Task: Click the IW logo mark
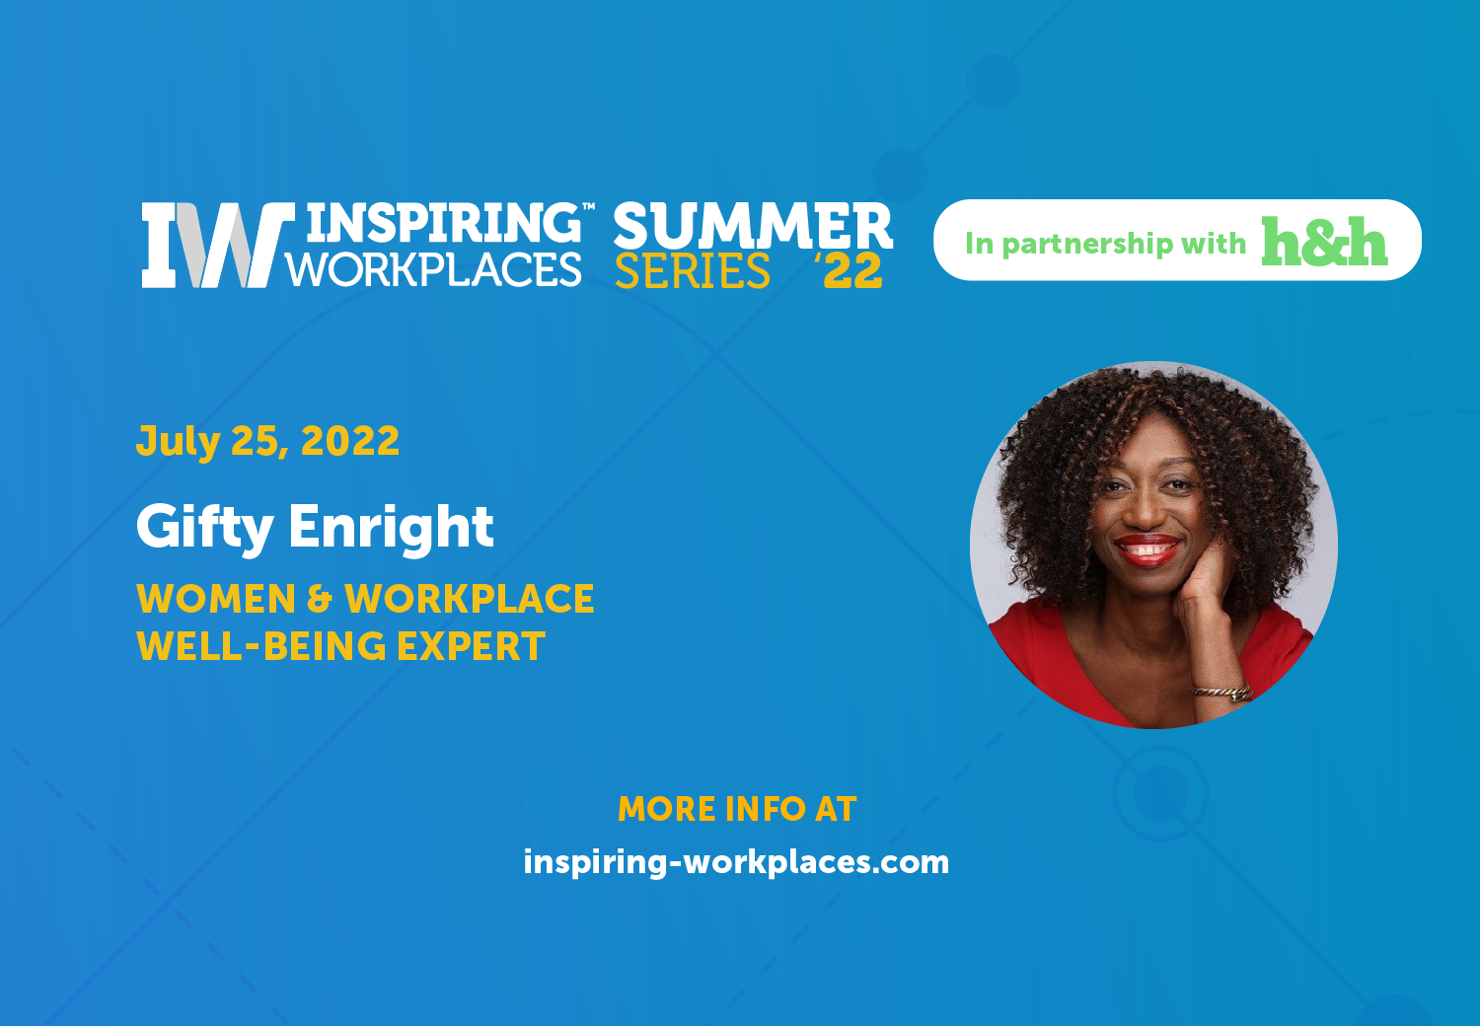click(x=218, y=245)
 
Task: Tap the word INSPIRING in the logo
click(x=444, y=223)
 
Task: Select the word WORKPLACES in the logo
click(x=434, y=269)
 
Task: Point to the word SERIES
click(x=693, y=271)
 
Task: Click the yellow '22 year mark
click(x=849, y=271)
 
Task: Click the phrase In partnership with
click(x=1105, y=243)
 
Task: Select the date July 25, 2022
click(x=267, y=441)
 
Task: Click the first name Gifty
click(x=205, y=527)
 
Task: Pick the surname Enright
click(x=391, y=526)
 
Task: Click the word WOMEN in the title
click(x=216, y=599)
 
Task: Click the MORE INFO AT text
click(x=737, y=809)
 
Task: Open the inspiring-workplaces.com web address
click(x=736, y=862)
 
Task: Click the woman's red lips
click(x=1147, y=550)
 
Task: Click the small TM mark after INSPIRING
click(x=588, y=206)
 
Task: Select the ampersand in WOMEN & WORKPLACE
click(x=320, y=599)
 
